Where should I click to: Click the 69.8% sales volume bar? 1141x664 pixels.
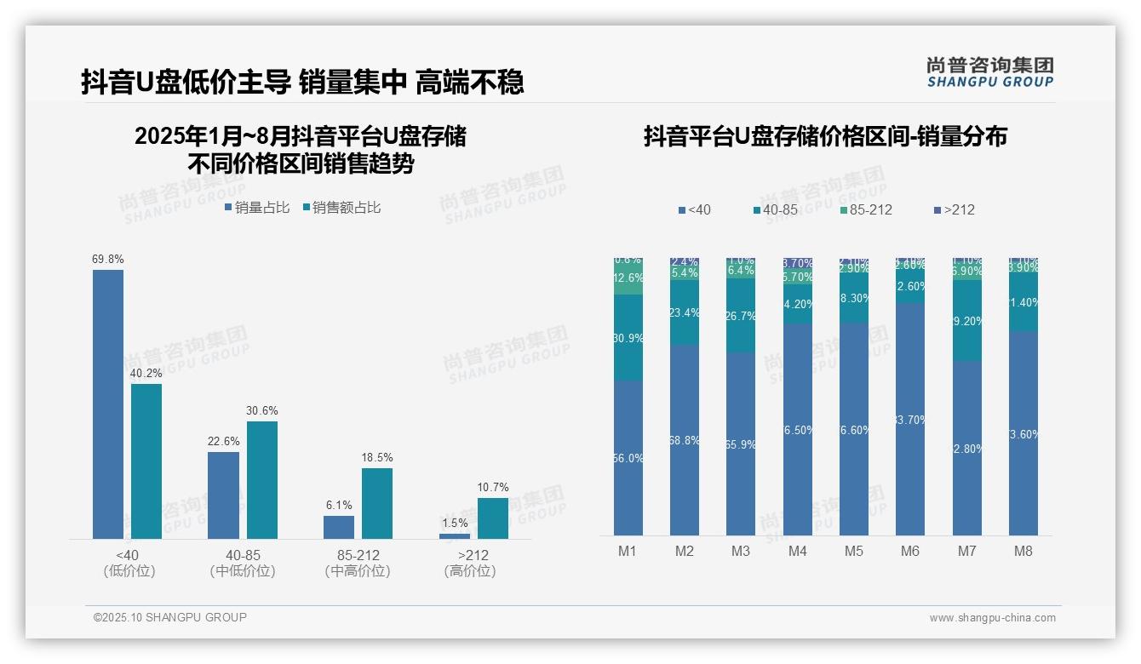click(x=108, y=404)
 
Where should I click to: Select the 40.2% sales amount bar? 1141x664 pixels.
click(x=146, y=461)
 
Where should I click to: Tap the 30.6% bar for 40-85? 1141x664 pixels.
click(x=262, y=480)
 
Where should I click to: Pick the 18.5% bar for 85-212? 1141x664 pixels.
click(x=377, y=503)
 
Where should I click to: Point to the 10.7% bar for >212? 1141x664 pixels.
click(x=492, y=518)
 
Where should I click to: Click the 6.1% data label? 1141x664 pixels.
click(x=339, y=506)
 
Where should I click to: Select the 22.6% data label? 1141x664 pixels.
click(x=223, y=442)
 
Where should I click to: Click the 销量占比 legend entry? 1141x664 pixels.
click(x=257, y=208)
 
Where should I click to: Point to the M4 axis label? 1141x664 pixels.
click(x=797, y=551)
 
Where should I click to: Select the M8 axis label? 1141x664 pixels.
click(x=1023, y=551)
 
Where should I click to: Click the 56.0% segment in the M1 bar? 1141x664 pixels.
click(x=628, y=458)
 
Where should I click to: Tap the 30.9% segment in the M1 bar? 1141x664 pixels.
click(x=628, y=337)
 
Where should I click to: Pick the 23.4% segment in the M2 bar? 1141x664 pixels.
click(x=685, y=312)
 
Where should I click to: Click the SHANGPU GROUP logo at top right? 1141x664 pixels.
click(x=989, y=72)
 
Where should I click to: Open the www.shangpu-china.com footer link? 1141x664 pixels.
click(x=992, y=618)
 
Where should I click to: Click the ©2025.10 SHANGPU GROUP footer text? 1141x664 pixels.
click(x=170, y=617)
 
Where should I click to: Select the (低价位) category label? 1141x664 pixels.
click(x=129, y=571)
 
